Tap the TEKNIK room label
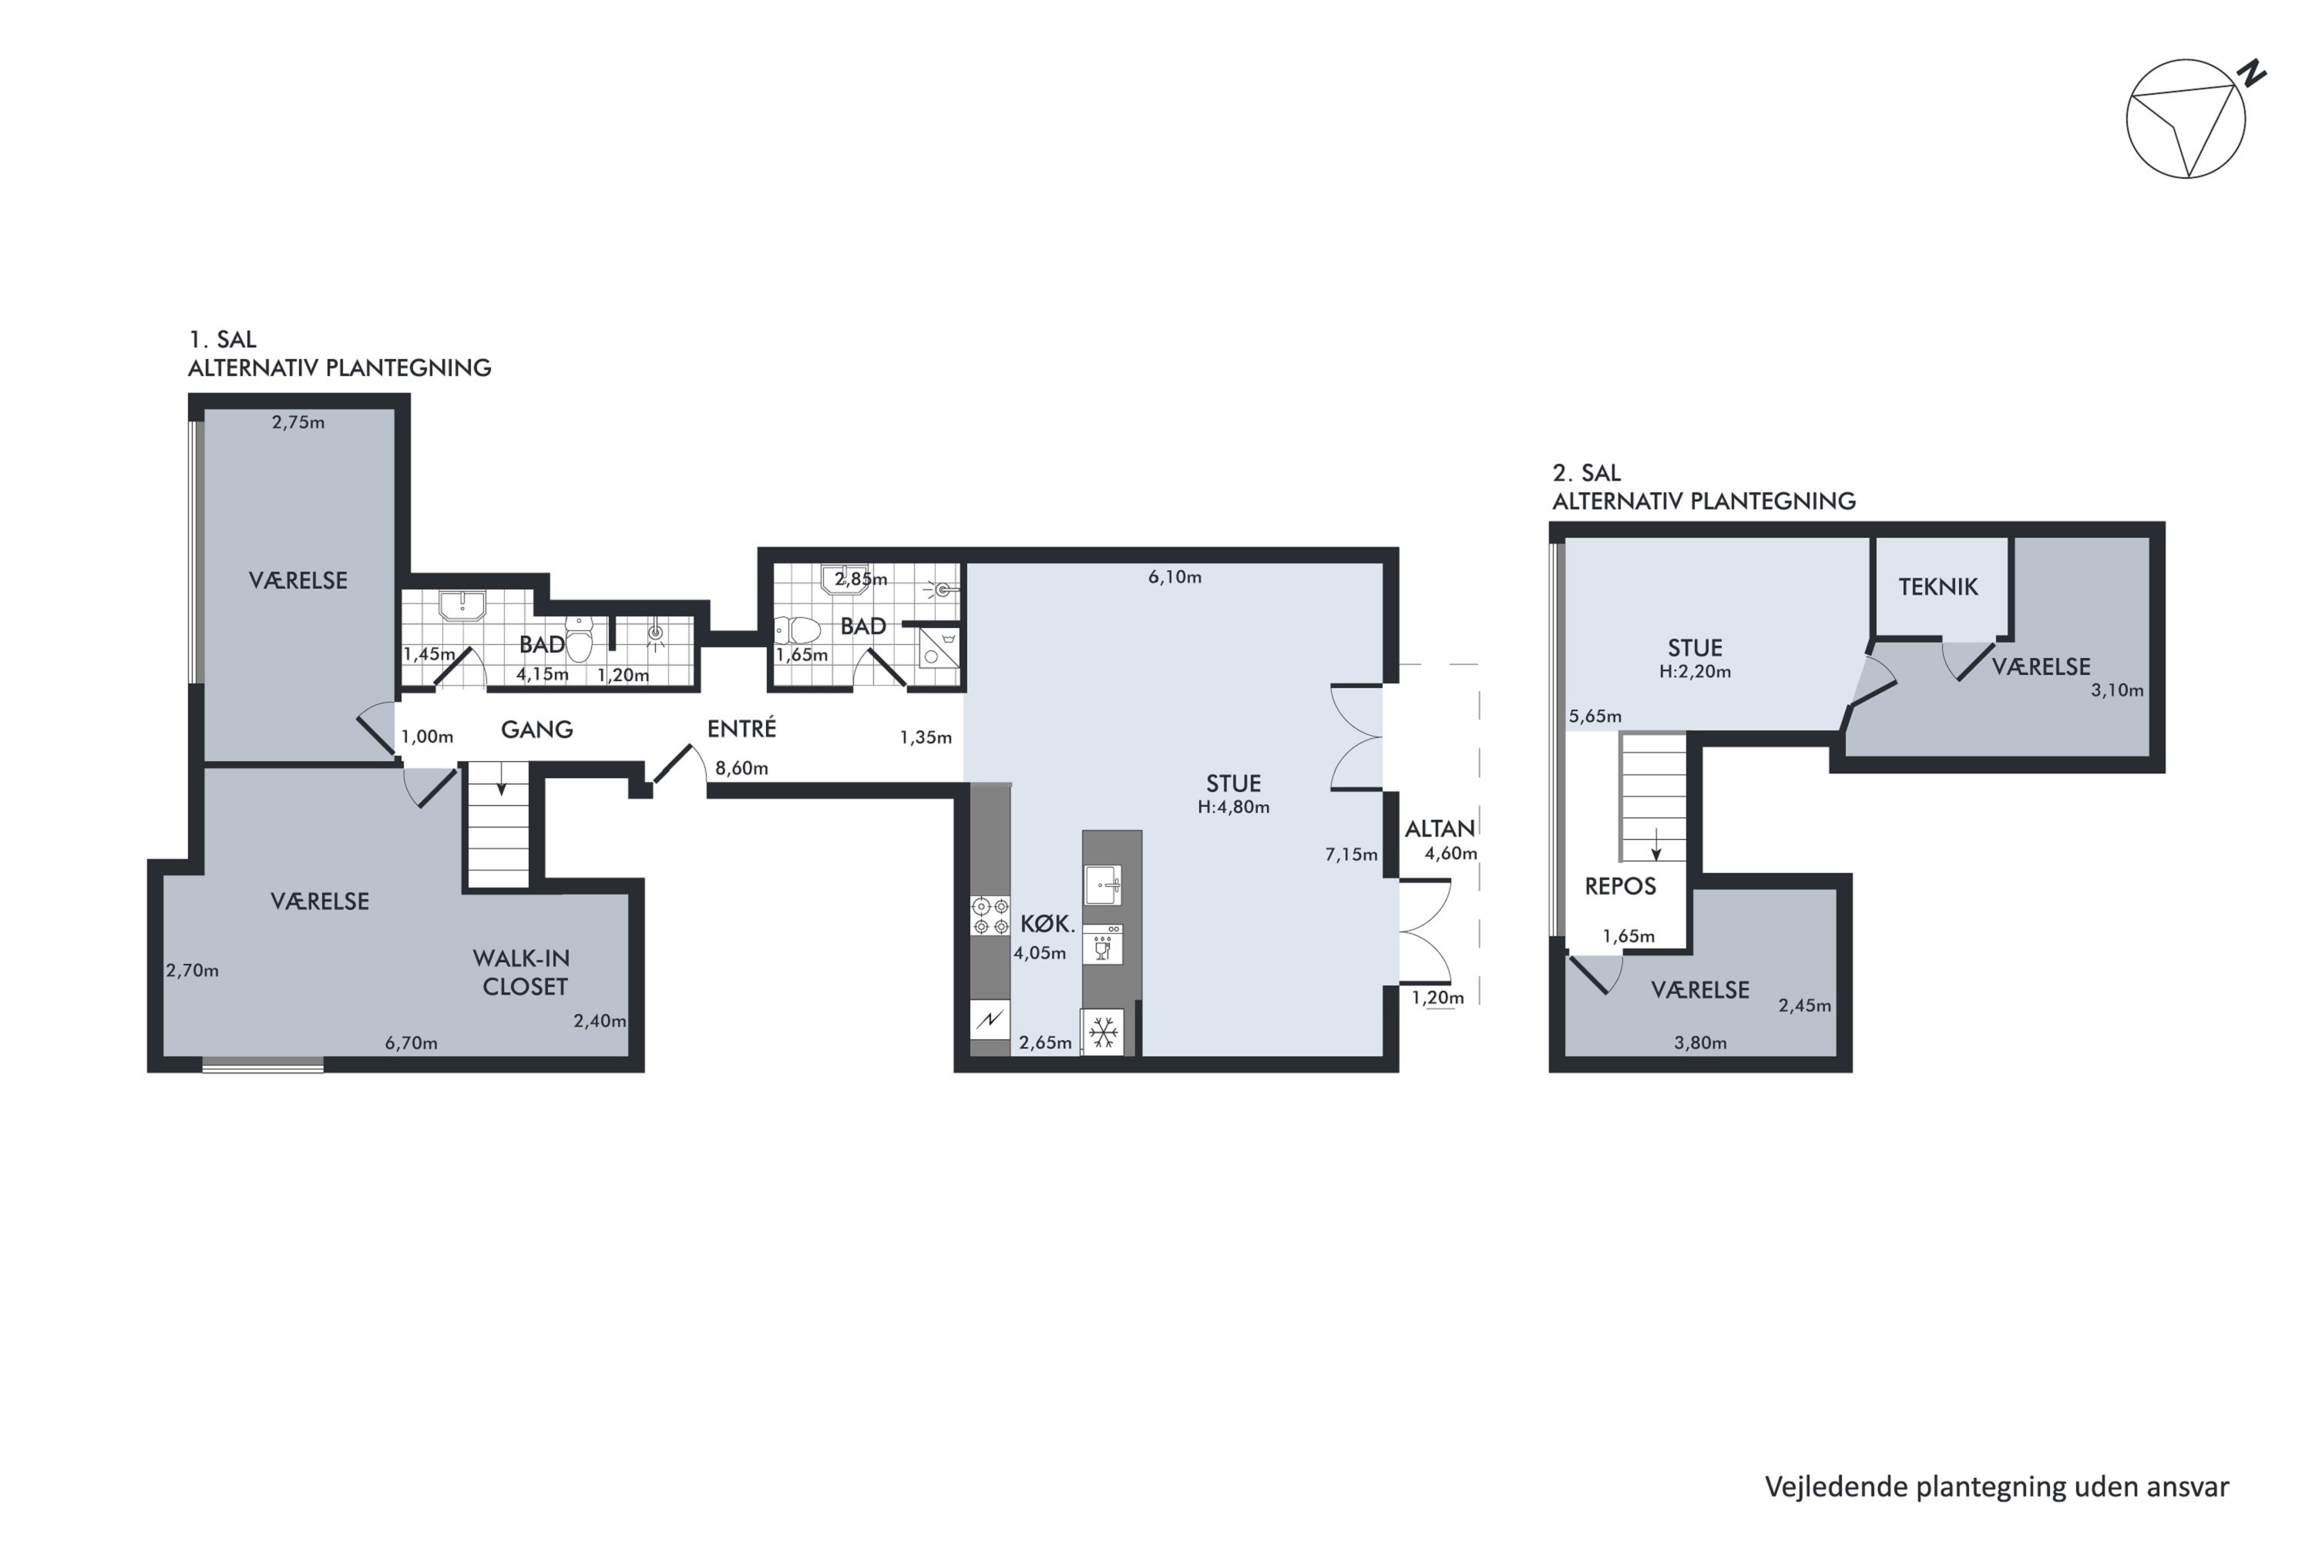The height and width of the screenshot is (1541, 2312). pos(1937,586)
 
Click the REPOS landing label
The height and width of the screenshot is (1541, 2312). pos(1620,887)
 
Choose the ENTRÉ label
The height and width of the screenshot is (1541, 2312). pos(741,728)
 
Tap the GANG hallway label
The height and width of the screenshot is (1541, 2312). pos(536,729)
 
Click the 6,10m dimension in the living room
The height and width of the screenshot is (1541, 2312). pos(1174,577)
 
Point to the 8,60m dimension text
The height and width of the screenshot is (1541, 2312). pos(741,768)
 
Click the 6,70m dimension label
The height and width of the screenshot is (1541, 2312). pos(411,1042)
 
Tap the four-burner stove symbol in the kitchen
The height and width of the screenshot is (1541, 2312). pos(990,915)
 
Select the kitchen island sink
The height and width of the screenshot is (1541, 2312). pos(1103,885)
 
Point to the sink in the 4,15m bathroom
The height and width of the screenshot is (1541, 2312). pos(462,606)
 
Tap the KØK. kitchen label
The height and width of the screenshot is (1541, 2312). pos(1048,924)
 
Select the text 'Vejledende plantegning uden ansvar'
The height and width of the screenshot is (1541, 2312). pos(1997,1487)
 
